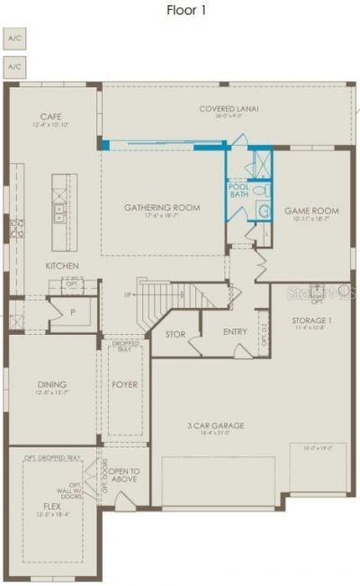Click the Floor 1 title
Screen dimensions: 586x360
click(186, 10)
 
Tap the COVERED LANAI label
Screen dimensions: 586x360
click(229, 108)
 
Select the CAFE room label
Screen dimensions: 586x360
click(50, 116)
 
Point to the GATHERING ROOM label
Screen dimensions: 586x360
click(162, 208)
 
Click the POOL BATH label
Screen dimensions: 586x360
click(238, 190)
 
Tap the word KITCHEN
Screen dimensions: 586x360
click(63, 266)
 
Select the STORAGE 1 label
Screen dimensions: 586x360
click(312, 320)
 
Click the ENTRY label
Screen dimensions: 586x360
click(235, 332)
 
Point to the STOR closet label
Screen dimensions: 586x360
click(175, 334)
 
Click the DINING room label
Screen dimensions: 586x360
click(51, 384)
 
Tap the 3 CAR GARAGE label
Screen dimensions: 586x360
click(216, 425)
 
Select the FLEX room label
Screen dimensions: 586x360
click(51, 506)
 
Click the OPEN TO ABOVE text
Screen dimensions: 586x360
click(125, 475)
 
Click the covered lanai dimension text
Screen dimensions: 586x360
click(229, 116)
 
